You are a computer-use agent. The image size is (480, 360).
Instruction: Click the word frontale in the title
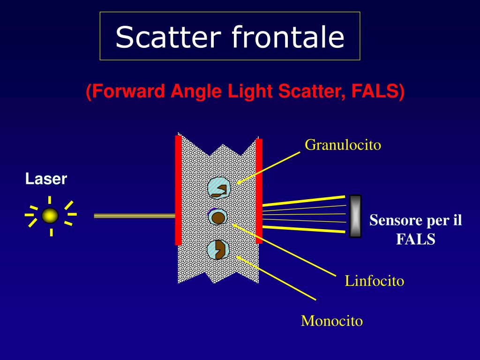click(287, 37)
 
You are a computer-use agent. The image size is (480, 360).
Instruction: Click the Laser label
click(46, 179)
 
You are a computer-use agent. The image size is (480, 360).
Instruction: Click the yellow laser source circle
click(50, 216)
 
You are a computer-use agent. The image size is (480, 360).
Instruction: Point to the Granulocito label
click(343, 145)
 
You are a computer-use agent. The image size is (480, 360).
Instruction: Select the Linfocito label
click(375, 281)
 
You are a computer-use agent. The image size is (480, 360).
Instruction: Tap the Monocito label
click(332, 321)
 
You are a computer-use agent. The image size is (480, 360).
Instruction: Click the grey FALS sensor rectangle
click(355, 216)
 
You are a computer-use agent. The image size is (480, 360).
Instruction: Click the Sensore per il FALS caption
click(416, 230)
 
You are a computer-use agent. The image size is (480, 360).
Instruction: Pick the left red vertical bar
click(178, 190)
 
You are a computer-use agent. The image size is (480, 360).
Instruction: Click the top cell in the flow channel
click(219, 188)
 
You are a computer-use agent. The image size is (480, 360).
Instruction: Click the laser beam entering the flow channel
click(134, 216)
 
